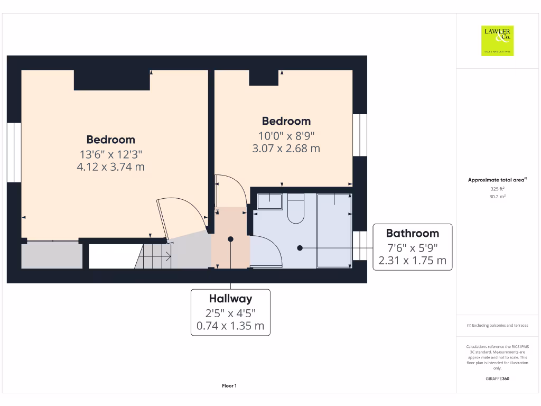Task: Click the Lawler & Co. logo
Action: coord(497,41)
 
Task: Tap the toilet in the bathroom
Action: coord(295,209)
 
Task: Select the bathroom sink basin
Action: coord(270,201)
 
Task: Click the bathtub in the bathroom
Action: coord(334,230)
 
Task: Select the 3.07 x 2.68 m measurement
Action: coord(286,149)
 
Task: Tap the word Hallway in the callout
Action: coord(230,299)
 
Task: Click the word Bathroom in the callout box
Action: coord(412,233)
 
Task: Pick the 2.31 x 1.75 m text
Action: coord(412,261)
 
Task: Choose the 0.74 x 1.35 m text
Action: coord(230,326)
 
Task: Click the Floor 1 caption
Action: coord(229,386)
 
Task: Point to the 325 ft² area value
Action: coord(497,188)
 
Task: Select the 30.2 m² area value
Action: coord(497,196)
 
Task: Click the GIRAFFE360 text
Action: coord(497,379)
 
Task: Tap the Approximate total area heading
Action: coord(496,180)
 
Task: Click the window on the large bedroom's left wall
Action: coord(14,153)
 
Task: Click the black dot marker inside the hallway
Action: coord(230,239)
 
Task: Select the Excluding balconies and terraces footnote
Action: coord(497,326)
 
